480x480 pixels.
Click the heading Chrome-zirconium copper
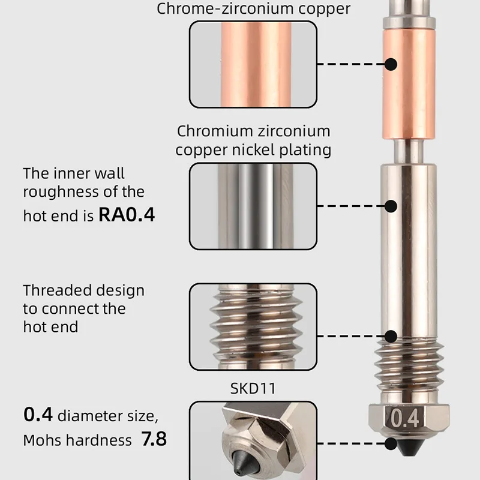coord(253,9)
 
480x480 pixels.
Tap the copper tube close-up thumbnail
coord(253,64)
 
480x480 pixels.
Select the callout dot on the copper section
coord(391,64)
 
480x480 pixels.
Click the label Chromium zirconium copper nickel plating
coord(253,140)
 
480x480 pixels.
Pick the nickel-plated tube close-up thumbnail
coord(253,206)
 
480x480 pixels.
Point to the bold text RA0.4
coord(127,215)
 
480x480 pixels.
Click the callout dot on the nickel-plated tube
coord(391,206)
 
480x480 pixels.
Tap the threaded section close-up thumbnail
coord(253,326)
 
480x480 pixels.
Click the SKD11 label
coord(253,388)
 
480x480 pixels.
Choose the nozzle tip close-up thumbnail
coord(253,441)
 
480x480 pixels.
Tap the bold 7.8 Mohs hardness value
coord(153,439)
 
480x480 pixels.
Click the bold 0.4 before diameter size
coord(38,414)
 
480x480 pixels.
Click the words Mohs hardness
coord(77,440)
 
